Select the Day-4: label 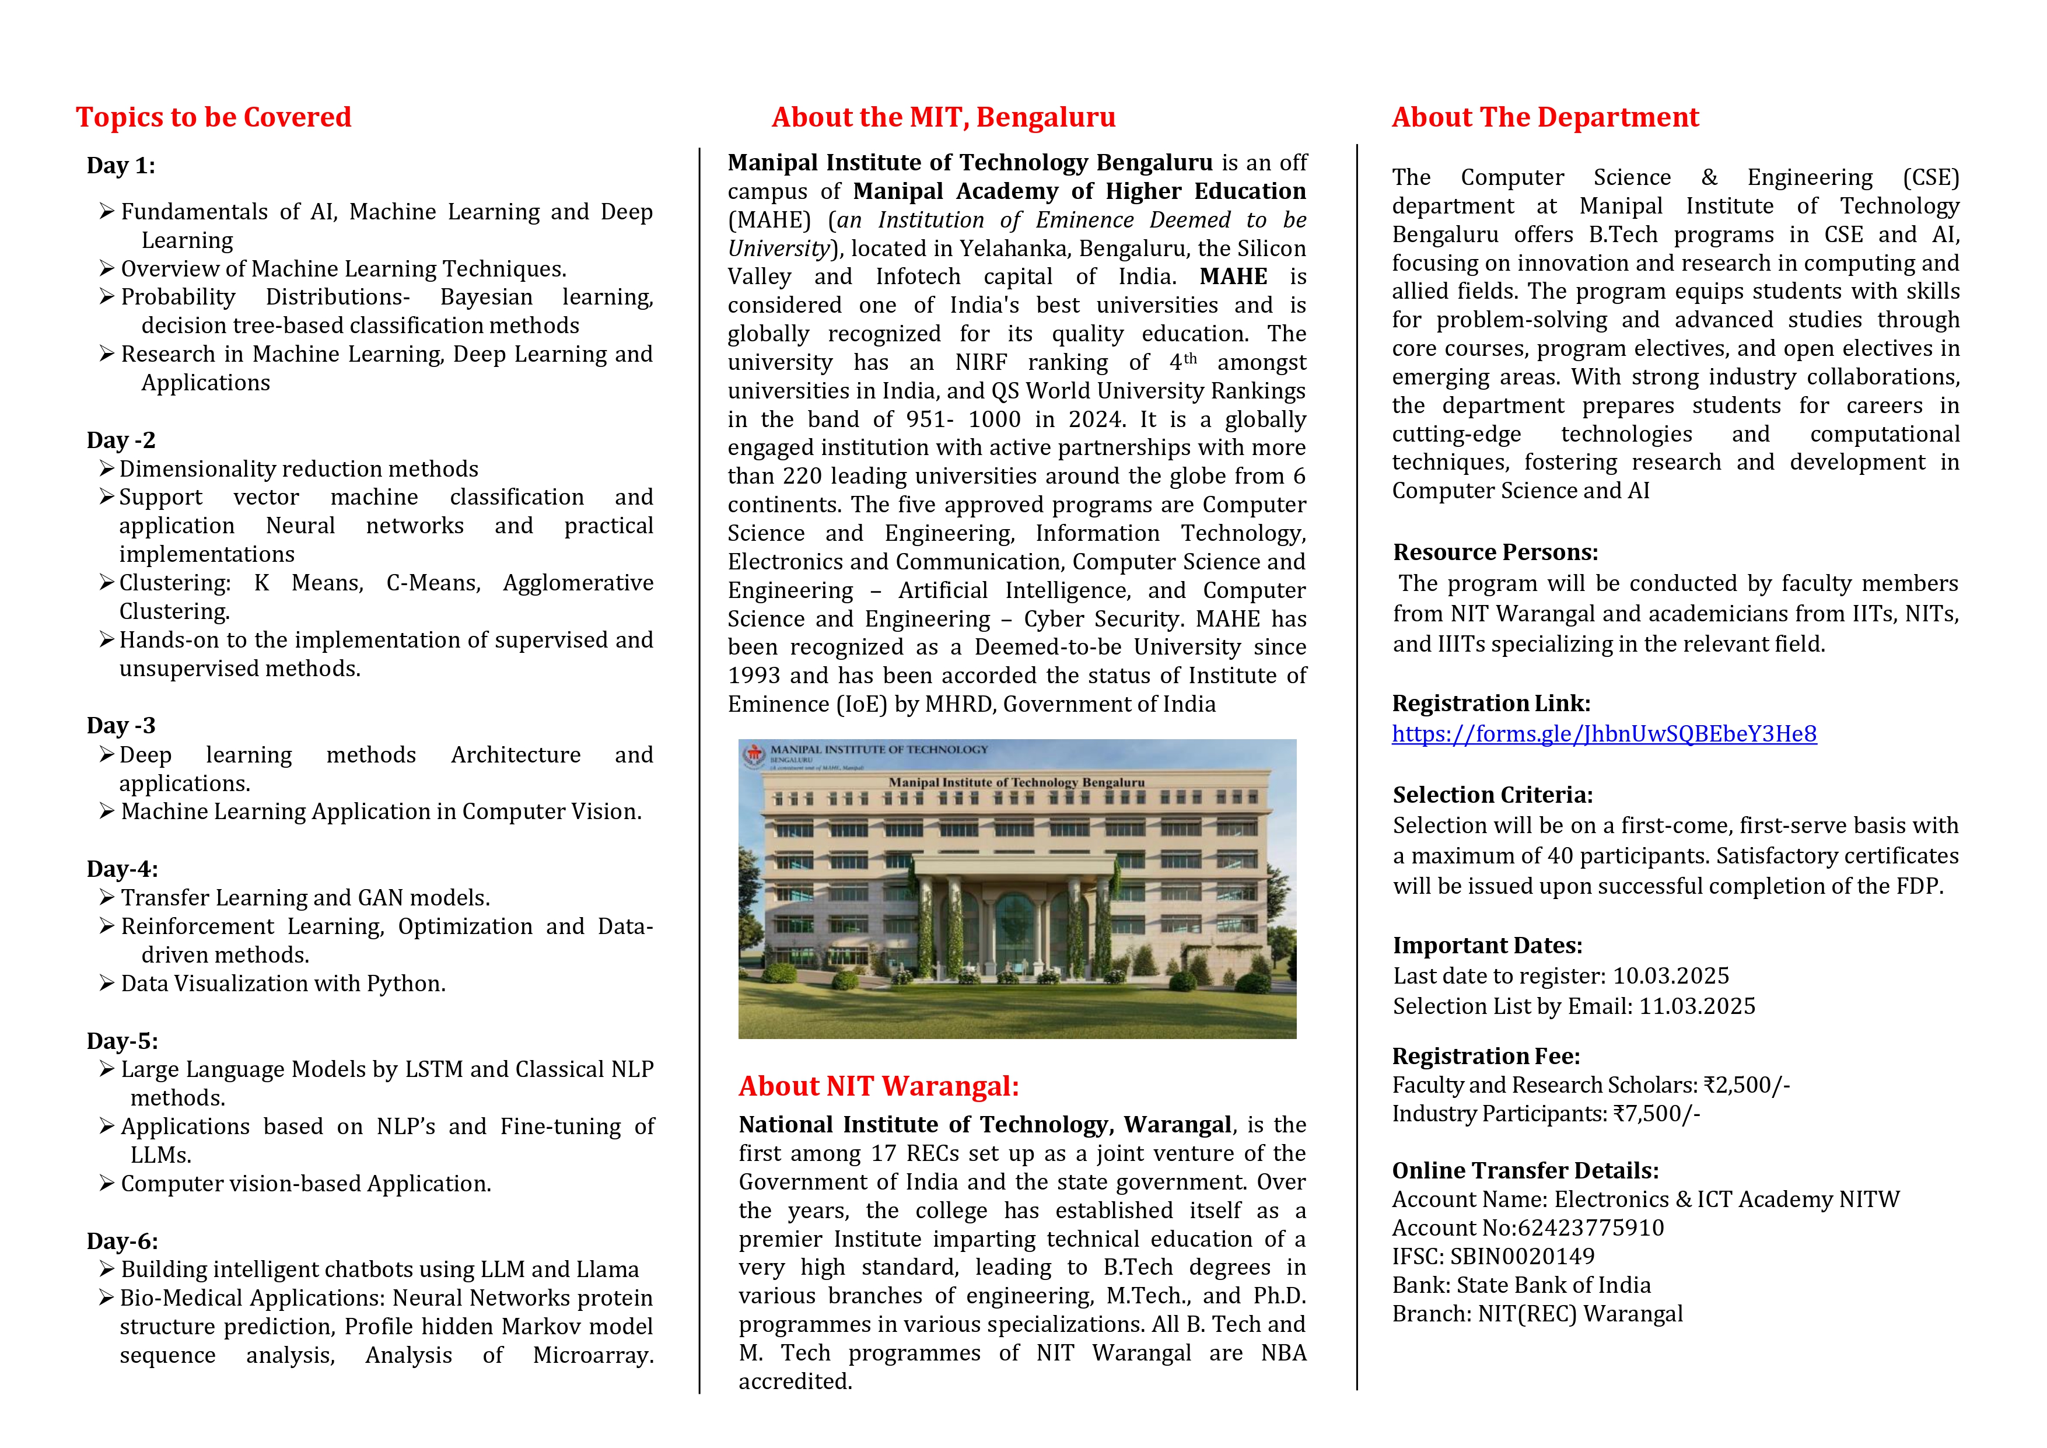coord(122,869)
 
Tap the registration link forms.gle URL coord(1604,734)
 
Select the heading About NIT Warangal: coord(878,1086)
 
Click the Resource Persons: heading coord(1495,552)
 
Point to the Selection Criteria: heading coord(1492,795)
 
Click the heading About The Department coord(1545,117)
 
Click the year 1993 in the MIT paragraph coord(754,676)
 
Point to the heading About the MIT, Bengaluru coord(943,117)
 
